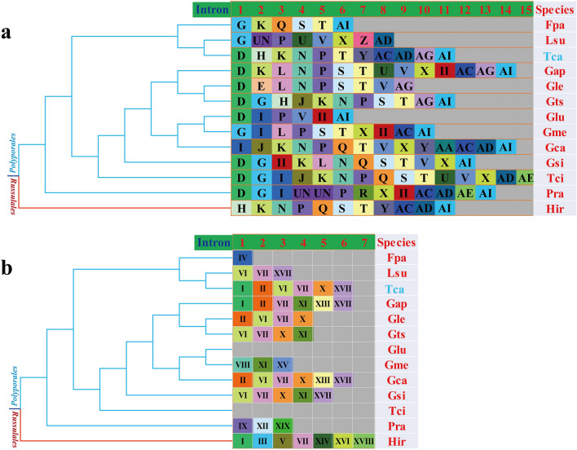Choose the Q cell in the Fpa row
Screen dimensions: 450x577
pyautogui.click(x=279, y=25)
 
